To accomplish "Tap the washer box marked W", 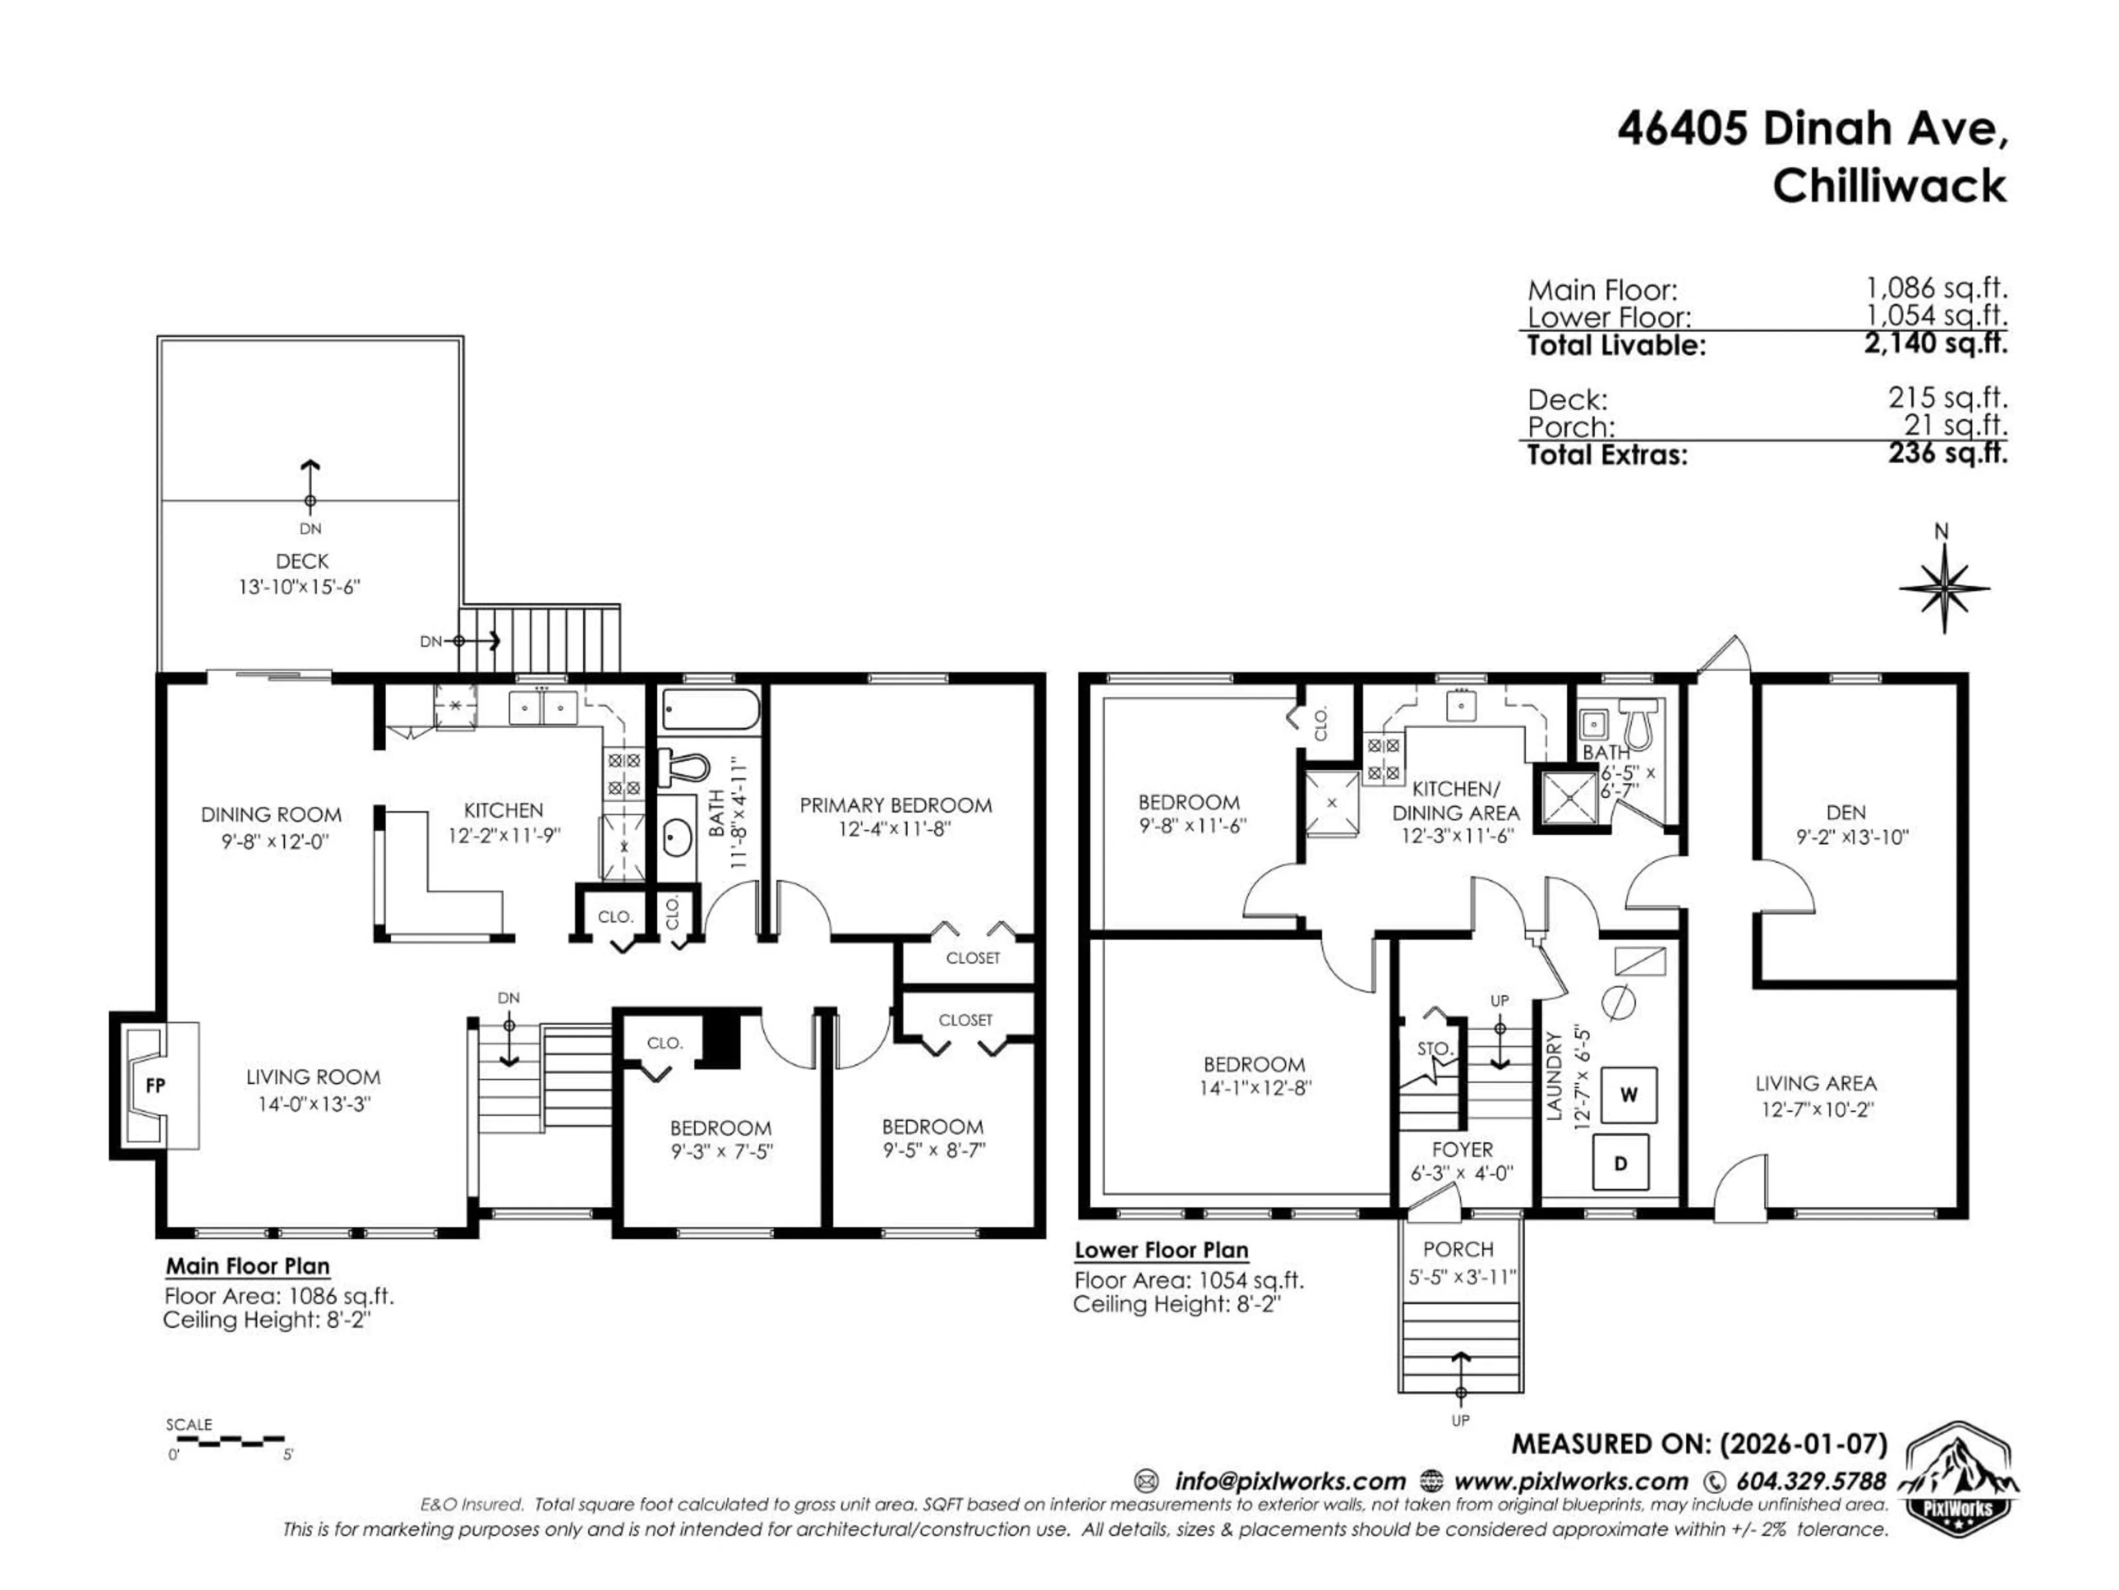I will (1628, 1094).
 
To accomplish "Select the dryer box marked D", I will (1621, 1163).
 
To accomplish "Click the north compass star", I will (1944, 589).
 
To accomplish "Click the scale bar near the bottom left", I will (226, 1439).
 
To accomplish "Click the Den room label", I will (1845, 812).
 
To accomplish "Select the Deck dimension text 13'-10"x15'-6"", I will (299, 586).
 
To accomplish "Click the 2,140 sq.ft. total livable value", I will (1935, 342).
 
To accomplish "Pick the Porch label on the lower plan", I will (1458, 1249).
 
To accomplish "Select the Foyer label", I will (1462, 1149).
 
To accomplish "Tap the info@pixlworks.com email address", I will (1290, 1481).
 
